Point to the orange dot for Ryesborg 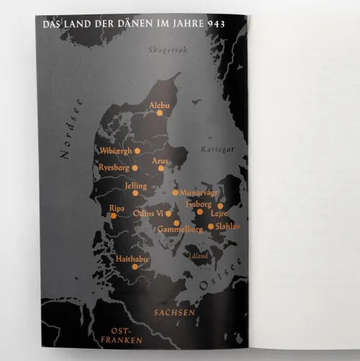(x=135, y=168)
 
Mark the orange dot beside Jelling (x=135, y=193)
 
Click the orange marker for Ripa (x=113, y=215)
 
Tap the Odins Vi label (x=148, y=213)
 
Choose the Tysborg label (x=198, y=204)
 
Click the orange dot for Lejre (x=220, y=205)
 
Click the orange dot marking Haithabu (x=135, y=267)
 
